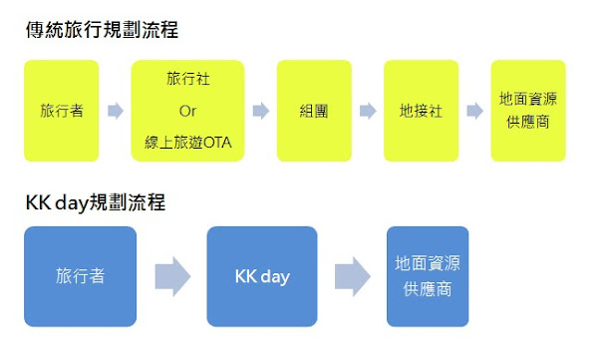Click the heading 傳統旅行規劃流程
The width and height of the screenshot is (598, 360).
103,30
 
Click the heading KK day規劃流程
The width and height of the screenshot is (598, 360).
96,202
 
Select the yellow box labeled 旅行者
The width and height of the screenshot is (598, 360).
62,111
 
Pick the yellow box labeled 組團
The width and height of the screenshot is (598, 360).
314,111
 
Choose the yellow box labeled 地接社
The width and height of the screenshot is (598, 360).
421,111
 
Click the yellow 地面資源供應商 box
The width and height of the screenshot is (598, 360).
528,111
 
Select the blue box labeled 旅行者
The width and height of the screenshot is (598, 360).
80,276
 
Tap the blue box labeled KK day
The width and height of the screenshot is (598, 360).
262,276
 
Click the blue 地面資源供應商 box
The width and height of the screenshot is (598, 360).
428,276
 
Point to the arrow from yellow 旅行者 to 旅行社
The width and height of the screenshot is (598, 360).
116,111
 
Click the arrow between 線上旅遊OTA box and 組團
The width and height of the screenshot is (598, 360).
261,111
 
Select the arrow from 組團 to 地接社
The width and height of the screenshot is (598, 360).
368,111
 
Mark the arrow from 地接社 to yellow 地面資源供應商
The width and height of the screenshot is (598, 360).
475,111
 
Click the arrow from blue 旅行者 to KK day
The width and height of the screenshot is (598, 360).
171,276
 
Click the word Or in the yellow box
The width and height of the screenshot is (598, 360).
186,111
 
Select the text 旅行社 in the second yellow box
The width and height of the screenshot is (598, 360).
187,78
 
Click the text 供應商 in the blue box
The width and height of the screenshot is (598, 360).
428,289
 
